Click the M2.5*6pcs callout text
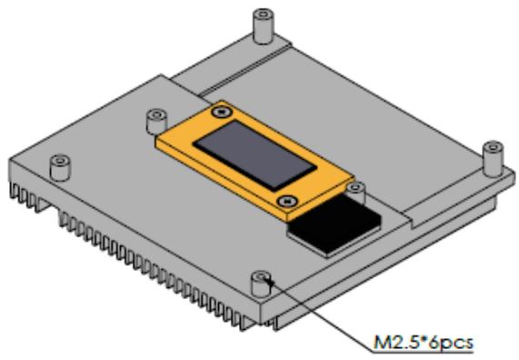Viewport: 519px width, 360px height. coord(424,343)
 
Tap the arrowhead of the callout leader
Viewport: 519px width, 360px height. coord(270,283)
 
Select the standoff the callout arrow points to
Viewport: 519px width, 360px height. coord(262,284)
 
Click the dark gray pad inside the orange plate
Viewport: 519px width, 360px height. coord(255,155)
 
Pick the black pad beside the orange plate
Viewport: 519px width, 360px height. coord(335,225)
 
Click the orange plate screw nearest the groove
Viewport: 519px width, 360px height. coord(222,112)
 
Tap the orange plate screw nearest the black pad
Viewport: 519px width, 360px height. coord(287,200)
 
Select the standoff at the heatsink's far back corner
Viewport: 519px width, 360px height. coord(264,26)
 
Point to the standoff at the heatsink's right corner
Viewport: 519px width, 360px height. coord(494,159)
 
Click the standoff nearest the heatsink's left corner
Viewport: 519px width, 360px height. coord(60,167)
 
